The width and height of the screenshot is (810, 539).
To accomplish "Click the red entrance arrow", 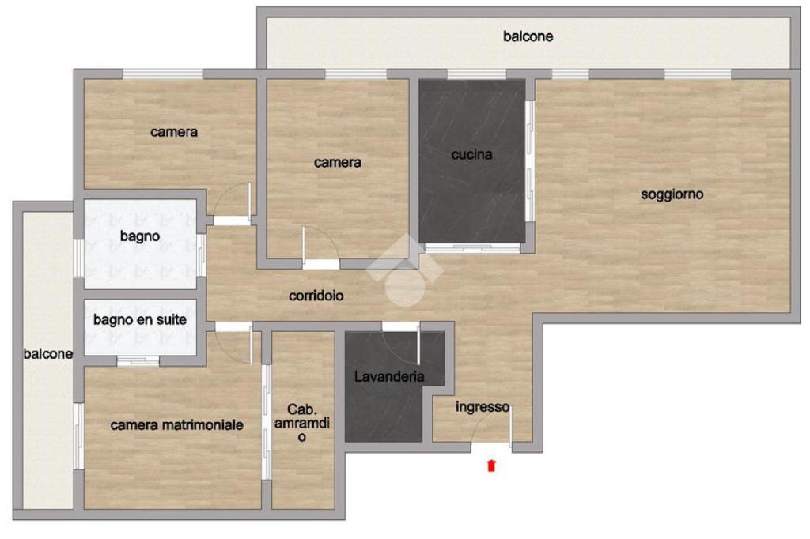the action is (491, 465).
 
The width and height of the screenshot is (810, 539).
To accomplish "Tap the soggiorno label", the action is (672, 194).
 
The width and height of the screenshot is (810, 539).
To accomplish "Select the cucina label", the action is (471, 154).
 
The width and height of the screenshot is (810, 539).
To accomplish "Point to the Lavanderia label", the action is (389, 376).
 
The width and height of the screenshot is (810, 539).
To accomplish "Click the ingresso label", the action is (482, 407).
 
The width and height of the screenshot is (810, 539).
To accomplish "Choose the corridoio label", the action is (316, 296).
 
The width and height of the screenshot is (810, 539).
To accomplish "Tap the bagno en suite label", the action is (140, 319).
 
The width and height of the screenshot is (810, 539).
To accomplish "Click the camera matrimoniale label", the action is (176, 425).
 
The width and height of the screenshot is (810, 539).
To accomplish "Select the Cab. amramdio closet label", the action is (301, 423).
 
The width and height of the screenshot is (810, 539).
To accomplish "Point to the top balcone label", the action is (528, 36).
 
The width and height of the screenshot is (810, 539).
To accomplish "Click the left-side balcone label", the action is (47, 353).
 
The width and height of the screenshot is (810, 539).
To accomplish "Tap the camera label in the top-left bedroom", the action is (173, 132).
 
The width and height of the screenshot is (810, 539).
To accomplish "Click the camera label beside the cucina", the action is (337, 163).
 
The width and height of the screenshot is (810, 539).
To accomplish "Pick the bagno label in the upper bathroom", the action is (139, 236).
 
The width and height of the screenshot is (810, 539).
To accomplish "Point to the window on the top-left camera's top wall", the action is (163, 74).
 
